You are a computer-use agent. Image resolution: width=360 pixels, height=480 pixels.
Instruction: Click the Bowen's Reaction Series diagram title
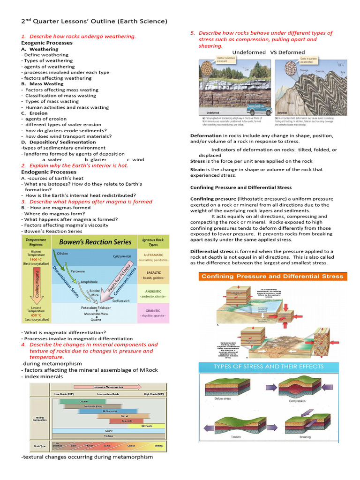[96, 242]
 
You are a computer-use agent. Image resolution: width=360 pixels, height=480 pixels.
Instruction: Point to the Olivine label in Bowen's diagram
[62, 253]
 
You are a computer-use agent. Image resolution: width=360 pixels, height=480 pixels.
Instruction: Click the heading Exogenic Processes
[47, 43]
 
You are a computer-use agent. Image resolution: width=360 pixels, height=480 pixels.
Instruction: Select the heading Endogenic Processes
[48, 172]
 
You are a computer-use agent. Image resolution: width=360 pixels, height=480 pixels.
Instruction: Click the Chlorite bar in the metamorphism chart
[83, 402]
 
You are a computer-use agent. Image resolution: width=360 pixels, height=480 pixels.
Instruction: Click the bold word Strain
[197, 170]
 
